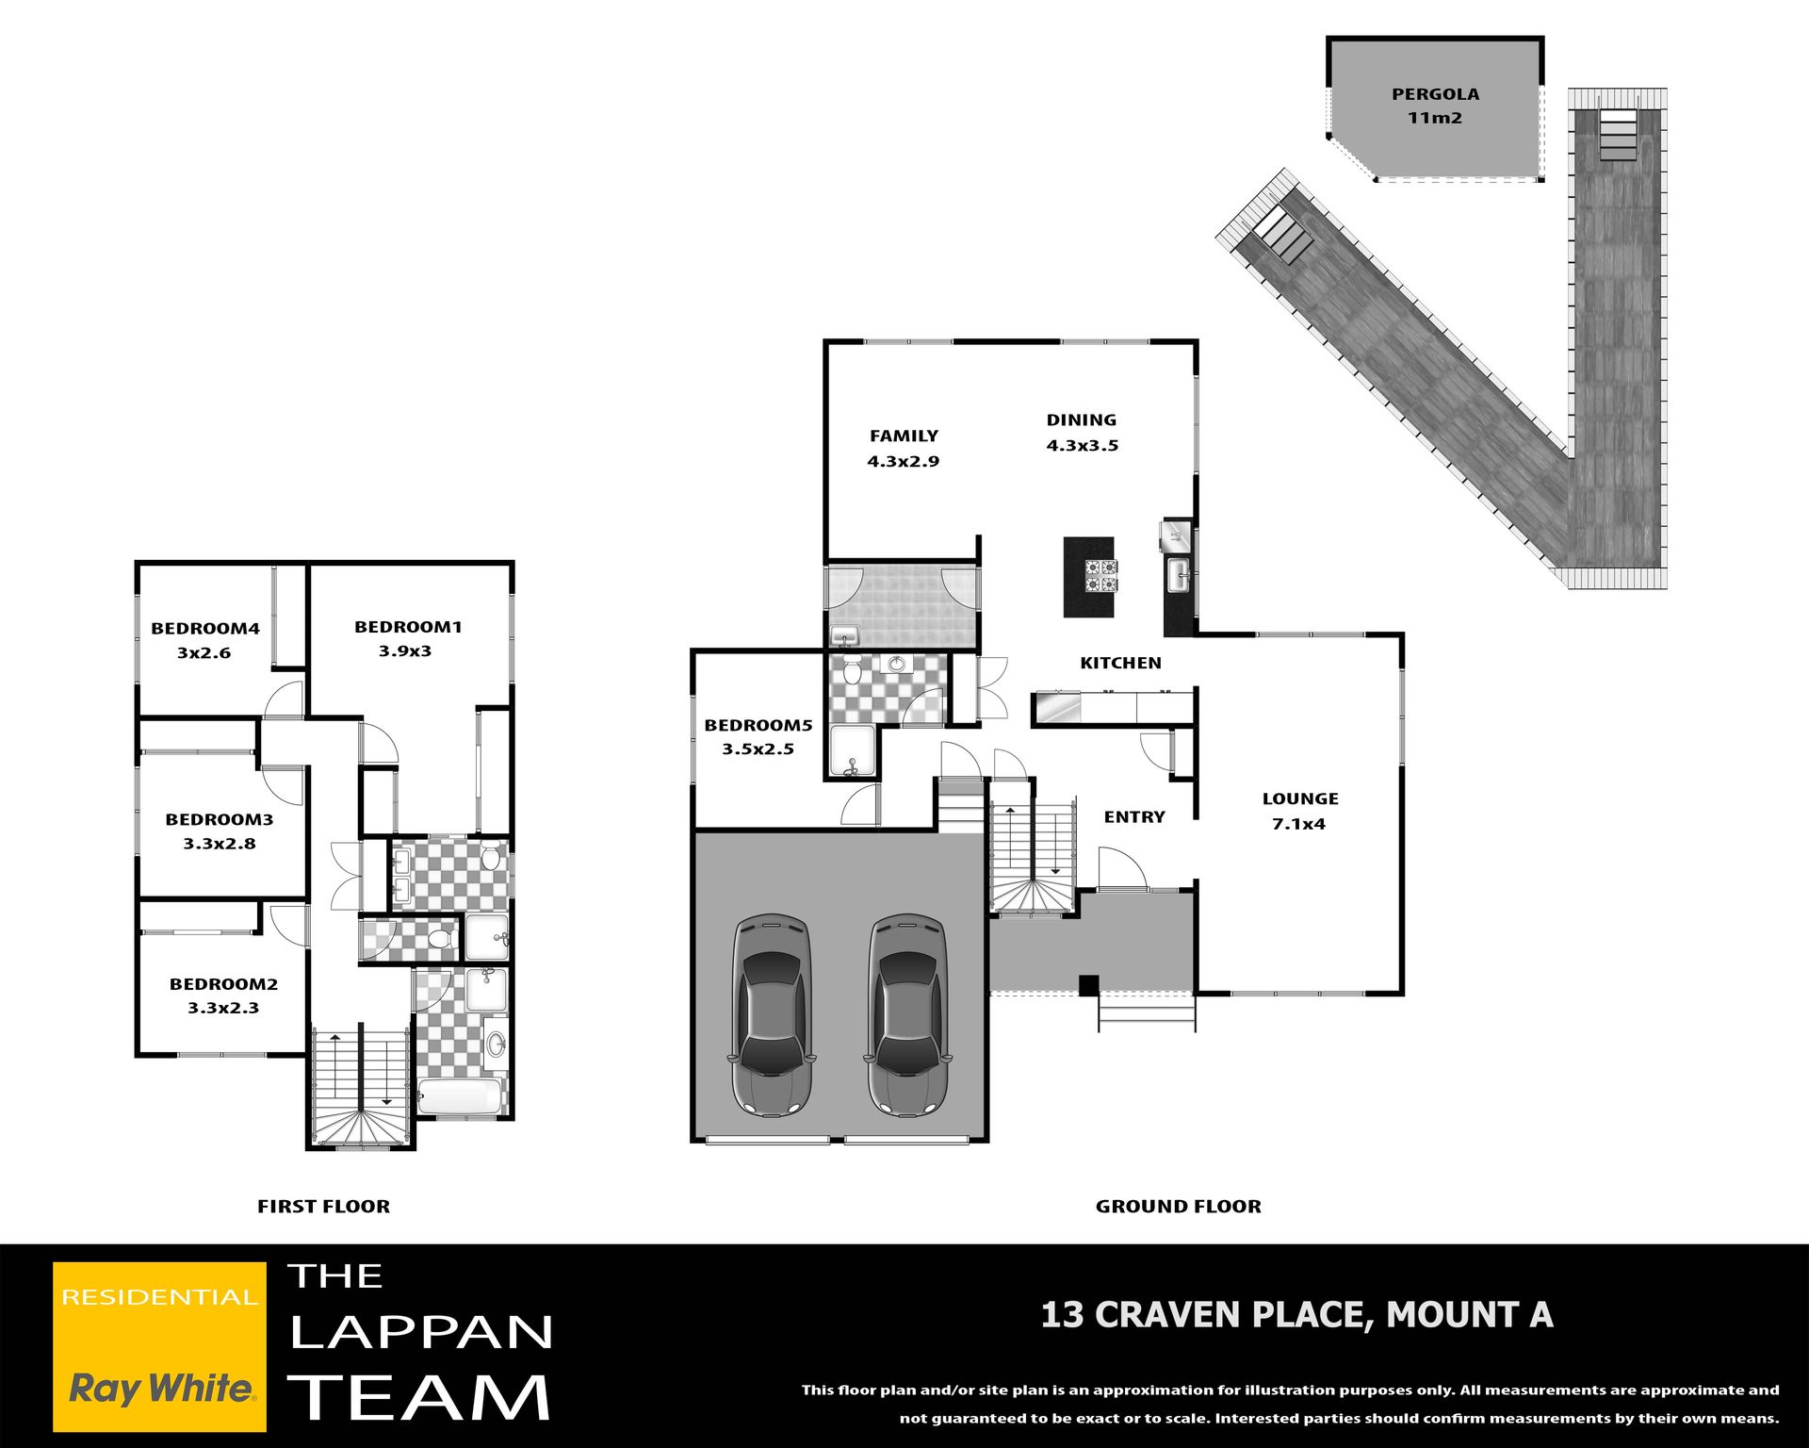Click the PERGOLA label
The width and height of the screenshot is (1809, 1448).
coord(1435,94)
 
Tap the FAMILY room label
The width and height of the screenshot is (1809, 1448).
coord(904,436)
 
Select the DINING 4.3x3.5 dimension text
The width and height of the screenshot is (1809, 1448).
coord(1083,446)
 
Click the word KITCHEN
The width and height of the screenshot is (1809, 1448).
coord(1120,663)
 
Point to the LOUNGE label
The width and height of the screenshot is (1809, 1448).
coord(1300,798)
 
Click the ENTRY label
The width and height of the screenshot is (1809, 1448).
coord(1134,817)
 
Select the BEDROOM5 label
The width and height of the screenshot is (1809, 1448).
coord(758,725)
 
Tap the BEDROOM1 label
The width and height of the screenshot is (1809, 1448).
coord(408,627)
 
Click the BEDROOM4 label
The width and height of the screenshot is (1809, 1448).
coord(205,629)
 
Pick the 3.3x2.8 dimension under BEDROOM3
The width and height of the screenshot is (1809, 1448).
coord(220,844)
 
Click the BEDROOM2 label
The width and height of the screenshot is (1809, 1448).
coord(223,984)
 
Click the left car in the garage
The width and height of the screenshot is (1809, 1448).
coord(772,1014)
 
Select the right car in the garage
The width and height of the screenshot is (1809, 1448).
coord(907,1014)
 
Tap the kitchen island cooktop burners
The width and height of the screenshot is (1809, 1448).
coord(1100,575)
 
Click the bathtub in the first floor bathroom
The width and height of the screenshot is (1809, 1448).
coord(460,1097)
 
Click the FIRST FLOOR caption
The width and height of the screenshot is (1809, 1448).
coord(323,1207)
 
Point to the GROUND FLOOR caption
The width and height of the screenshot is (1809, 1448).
coord(1178,1207)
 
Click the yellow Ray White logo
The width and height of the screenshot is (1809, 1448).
coord(159,1347)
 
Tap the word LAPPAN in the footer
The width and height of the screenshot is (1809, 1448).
coord(421,1332)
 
